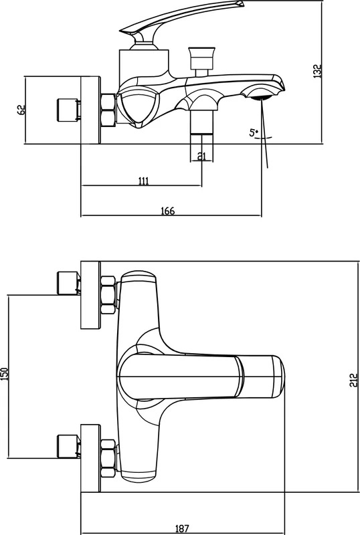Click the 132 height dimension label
(317, 71)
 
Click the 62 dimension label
(21, 110)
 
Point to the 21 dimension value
(202, 156)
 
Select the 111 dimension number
(143, 181)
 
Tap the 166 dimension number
(168, 211)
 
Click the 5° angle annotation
(254, 132)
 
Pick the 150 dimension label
(4, 374)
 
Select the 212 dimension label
(354, 380)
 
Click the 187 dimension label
(182, 529)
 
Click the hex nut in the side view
(108, 110)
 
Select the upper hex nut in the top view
(108, 295)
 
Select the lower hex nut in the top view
(108, 458)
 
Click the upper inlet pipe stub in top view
(68, 283)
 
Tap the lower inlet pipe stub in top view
(68, 446)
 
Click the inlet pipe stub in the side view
(68, 110)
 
